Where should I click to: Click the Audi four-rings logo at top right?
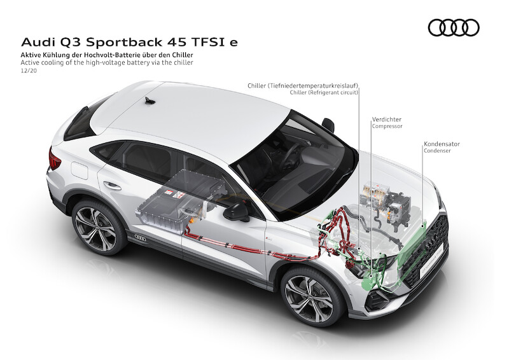click(453, 27)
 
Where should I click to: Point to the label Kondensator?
click(442, 144)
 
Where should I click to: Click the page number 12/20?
click(29, 72)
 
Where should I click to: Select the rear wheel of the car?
click(100, 228)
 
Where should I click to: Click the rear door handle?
click(113, 186)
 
